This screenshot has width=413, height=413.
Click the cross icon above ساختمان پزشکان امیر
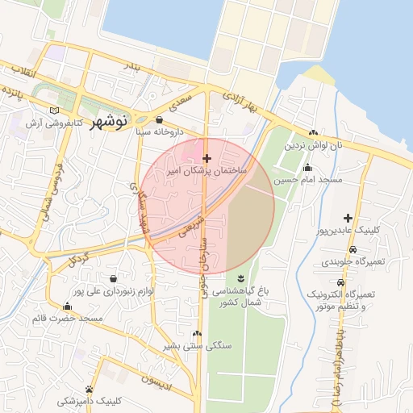[x=207, y=158]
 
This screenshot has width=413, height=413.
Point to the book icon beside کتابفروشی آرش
[x=54, y=111]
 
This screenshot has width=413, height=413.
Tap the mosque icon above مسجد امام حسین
[x=307, y=168]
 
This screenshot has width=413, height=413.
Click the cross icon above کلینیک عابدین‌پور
[x=348, y=218]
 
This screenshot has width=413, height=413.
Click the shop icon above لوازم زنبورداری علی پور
[x=111, y=278]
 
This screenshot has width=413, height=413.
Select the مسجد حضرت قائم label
[x=67, y=319]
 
